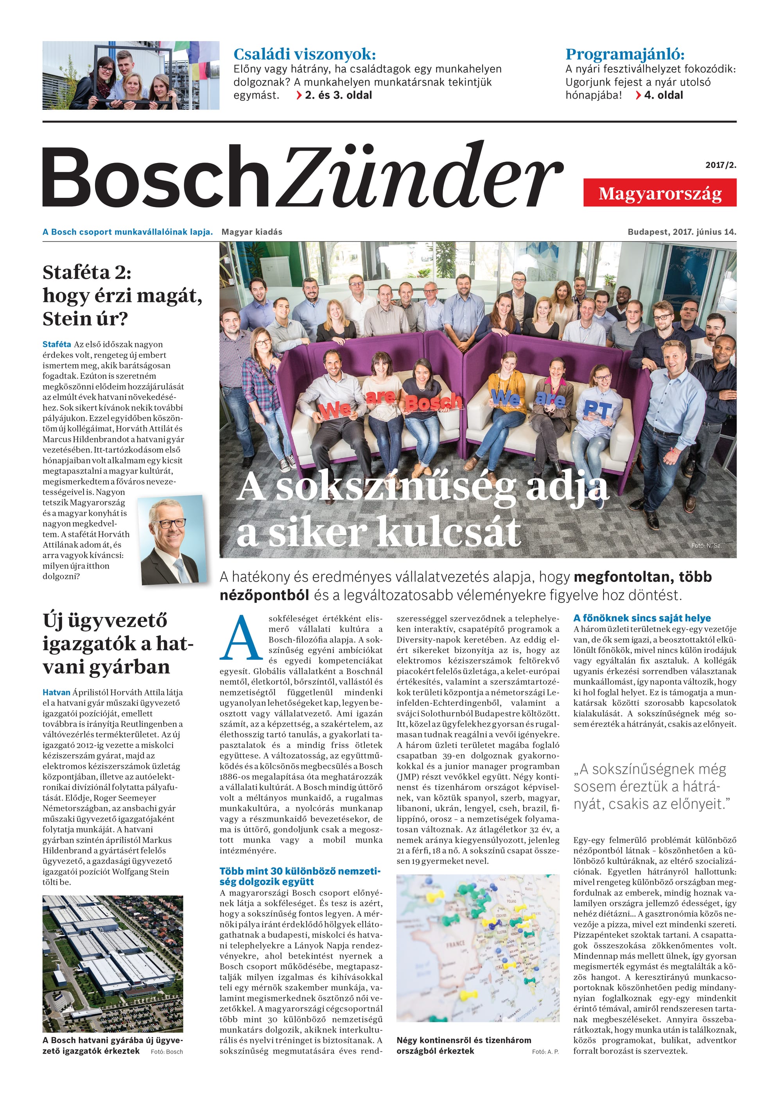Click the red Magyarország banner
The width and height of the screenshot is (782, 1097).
659,193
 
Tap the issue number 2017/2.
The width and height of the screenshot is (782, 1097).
720,165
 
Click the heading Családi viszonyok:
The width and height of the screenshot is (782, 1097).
304,54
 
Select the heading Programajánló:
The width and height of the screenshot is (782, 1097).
624,54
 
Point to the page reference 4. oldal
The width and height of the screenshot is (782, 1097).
663,95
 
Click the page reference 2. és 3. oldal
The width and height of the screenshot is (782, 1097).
338,95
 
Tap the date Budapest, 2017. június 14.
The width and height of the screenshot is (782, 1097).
682,232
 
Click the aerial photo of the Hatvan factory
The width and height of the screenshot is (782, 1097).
113,964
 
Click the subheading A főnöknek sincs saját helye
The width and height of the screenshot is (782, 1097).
642,618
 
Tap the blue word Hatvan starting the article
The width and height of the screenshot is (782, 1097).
56,692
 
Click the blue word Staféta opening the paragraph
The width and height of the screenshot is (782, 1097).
57,344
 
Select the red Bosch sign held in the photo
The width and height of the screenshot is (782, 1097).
432,403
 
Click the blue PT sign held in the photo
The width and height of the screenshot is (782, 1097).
597,410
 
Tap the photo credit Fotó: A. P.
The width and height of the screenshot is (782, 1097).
545,1052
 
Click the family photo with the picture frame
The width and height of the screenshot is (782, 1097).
131,75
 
